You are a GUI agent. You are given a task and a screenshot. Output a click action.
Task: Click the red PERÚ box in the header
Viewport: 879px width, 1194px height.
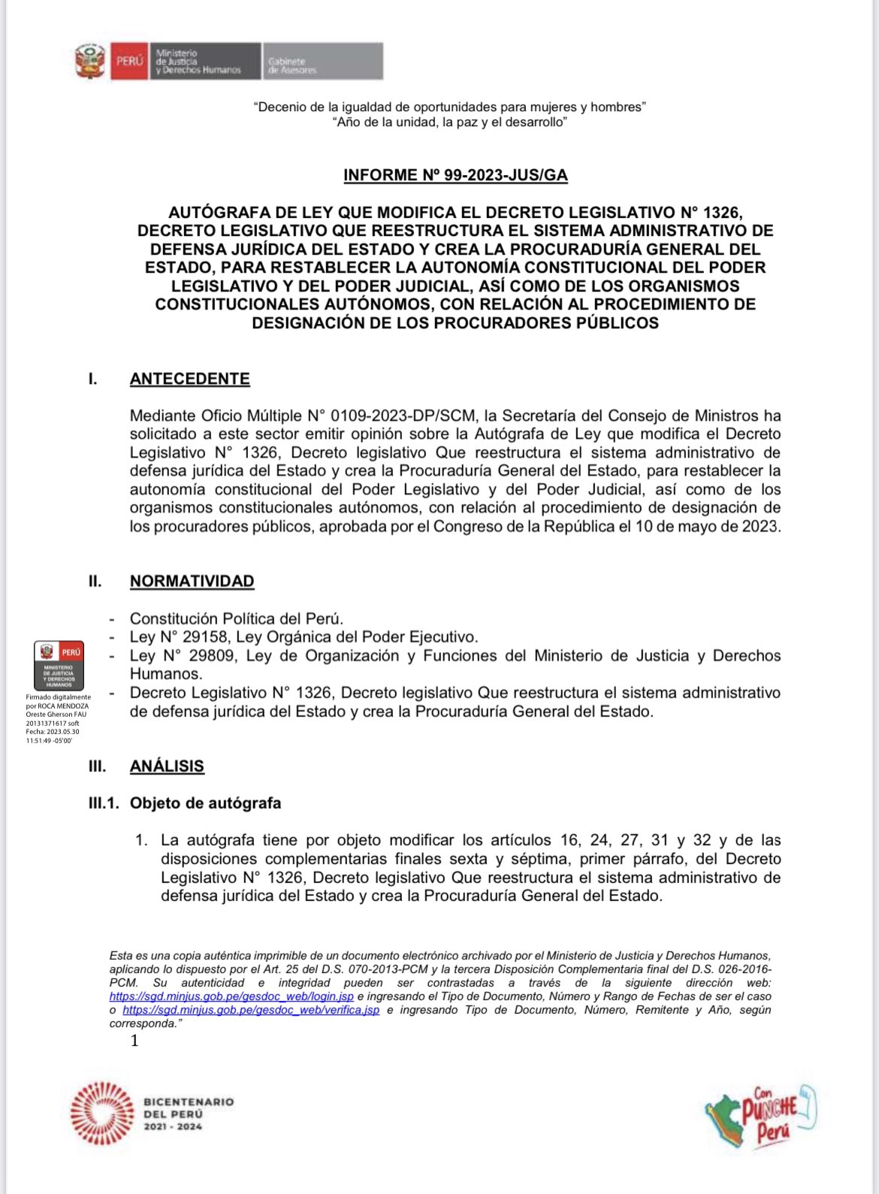click(128, 61)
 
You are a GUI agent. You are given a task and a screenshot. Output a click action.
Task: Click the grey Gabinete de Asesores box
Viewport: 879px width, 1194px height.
click(323, 62)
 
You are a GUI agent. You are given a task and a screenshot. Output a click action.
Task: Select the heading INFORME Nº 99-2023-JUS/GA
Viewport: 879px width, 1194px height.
click(455, 175)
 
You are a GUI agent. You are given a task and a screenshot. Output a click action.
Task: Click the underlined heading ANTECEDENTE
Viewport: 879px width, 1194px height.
click(189, 379)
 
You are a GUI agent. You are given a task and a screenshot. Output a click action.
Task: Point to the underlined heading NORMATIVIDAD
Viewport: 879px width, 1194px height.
click(192, 581)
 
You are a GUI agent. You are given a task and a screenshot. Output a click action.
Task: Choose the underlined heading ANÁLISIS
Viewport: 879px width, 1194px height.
click(167, 766)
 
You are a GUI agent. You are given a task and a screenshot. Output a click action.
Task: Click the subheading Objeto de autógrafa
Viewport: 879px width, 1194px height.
click(205, 803)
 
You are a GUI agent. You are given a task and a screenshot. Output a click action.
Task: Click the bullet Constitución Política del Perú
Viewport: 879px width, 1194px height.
click(236, 618)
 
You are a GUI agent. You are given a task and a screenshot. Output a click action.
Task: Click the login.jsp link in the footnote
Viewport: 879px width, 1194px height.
click(231, 996)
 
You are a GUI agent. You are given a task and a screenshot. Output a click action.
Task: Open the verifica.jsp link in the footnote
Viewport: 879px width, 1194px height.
click(250, 1010)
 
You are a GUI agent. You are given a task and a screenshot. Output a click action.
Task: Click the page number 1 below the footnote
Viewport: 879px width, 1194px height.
click(134, 1041)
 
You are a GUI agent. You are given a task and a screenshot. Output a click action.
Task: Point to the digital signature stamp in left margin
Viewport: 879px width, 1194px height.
click(59, 664)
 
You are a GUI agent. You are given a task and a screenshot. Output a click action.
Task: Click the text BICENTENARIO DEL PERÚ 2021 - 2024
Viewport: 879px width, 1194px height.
click(188, 1114)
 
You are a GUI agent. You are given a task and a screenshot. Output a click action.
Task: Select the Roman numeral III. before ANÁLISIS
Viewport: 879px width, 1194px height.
click(97, 766)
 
